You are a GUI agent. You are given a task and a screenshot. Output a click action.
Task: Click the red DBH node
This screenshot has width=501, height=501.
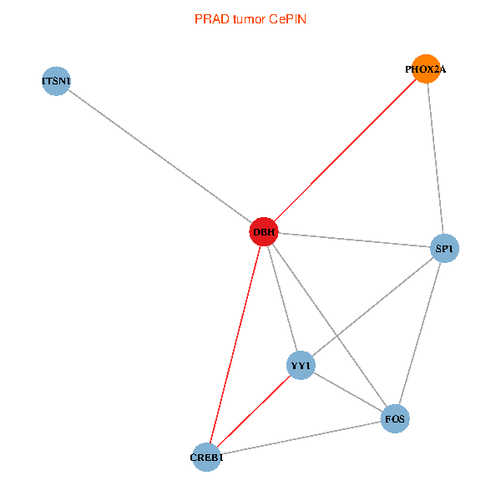click(x=263, y=231)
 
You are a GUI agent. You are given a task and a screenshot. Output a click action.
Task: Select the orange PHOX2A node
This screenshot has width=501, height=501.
click(x=426, y=69)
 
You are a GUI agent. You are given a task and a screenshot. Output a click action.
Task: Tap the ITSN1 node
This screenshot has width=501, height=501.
click(x=55, y=81)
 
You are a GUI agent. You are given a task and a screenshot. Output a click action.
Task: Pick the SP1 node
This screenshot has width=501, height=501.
click(x=445, y=248)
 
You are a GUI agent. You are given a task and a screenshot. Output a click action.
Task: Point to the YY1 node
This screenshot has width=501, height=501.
click(x=301, y=366)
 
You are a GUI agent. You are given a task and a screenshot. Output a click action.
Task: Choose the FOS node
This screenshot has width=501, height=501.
click(x=396, y=417)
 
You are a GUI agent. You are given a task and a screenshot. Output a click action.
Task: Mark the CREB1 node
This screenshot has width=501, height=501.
click(x=206, y=457)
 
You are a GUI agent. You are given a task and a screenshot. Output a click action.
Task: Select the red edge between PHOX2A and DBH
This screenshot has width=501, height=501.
click(x=344, y=150)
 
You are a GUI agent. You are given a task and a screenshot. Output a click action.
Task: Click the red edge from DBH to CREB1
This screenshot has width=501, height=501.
click(x=235, y=344)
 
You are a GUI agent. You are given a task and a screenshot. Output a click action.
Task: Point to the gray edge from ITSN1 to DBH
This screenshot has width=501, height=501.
click(x=159, y=156)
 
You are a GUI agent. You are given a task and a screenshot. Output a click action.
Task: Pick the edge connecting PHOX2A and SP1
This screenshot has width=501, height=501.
click(x=436, y=159)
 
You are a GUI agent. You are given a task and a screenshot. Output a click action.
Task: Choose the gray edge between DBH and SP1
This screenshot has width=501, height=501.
click(x=354, y=240)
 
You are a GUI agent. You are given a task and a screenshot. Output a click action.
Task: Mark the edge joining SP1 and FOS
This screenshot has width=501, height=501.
click(x=420, y=333)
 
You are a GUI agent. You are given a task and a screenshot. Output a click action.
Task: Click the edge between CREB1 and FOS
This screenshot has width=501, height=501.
click(x=301, y=438)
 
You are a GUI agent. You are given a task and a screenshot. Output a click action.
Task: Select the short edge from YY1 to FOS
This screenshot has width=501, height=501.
click(x=348, y=392)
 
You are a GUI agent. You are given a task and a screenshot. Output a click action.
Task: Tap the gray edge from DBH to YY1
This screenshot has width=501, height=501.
click(x=281, y=298)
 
